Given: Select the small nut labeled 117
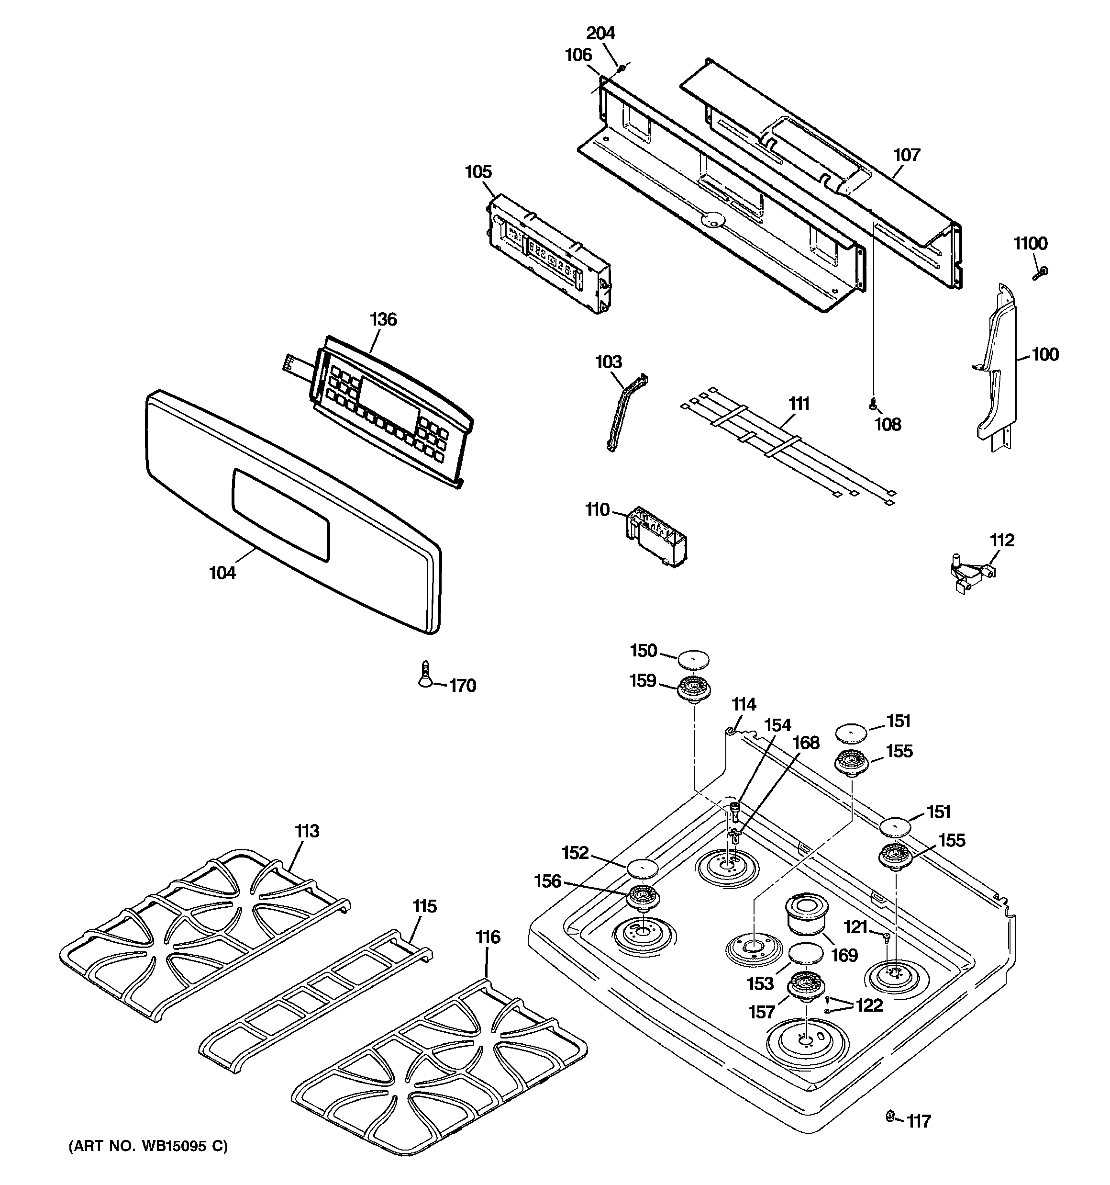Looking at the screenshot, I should (890, 1115).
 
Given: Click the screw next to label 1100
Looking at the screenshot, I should (1040, 273).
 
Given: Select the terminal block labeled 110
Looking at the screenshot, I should (655, 536).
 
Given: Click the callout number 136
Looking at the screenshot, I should (383, 319).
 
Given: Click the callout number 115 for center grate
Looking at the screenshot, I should (424, 906).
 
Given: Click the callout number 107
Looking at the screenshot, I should (906, 155).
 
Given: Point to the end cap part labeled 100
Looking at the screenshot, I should (996, 370).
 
